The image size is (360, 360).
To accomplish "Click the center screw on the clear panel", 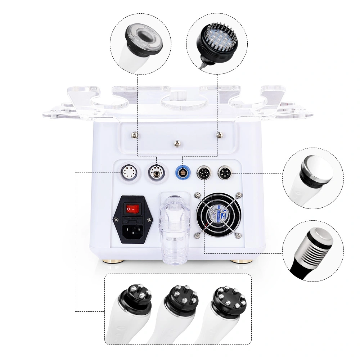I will click(x=177, y=142).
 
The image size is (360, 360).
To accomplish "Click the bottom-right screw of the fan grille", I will click(x=238, y=235).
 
